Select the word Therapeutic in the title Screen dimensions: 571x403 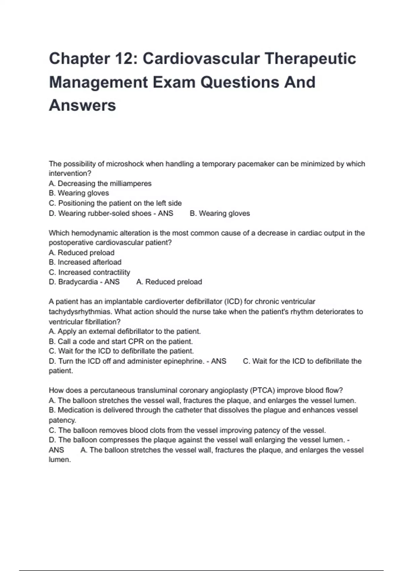310,59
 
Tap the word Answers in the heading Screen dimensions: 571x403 83,105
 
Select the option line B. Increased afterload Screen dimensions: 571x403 85,262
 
